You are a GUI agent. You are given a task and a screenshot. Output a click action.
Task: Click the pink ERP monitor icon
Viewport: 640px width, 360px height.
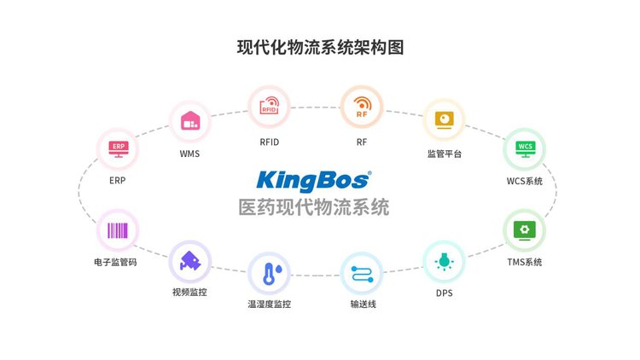[x=119, y=149]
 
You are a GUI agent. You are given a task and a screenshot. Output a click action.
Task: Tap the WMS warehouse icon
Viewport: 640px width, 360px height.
[x=190, y=120]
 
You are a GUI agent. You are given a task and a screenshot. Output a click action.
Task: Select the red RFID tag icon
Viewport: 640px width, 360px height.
[x=270, y=106]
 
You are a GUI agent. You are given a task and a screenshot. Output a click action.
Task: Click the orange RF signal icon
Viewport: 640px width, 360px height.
[x=362, y=107]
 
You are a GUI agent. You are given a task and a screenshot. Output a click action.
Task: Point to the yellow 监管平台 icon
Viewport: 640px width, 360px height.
[x=444, y=120]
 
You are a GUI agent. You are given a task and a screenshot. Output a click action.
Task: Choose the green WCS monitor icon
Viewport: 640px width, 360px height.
[x=525, y=149]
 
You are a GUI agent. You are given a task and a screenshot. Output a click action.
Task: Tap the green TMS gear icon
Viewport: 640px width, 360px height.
[x=525, y=230]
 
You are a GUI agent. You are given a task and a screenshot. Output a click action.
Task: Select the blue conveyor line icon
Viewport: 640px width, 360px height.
[x=362, y=274]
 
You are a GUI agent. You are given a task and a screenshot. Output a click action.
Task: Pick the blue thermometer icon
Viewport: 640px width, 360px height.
[x=272, y=274]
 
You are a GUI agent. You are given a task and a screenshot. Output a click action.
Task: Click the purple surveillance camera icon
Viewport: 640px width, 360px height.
[x=190, y=261]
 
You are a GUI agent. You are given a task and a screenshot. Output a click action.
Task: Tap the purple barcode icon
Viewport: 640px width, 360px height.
[x=118, y=230]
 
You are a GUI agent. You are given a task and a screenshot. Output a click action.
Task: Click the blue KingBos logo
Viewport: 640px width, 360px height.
[x=314, y=181]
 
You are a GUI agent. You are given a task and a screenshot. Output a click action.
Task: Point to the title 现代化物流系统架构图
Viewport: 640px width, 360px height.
[x=320, y=48]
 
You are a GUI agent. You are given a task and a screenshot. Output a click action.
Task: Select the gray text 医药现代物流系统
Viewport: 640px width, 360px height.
[x=314, y=207]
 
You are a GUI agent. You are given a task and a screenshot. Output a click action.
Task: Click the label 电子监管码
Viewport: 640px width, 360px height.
[x=115, y=262]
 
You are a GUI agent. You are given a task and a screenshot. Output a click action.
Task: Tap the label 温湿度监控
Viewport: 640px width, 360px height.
[x=270, y=304]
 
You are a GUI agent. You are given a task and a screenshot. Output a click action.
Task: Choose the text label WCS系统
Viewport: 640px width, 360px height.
[x=525, y=181]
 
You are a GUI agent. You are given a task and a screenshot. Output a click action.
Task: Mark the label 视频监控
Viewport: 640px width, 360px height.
[x=189, y=293]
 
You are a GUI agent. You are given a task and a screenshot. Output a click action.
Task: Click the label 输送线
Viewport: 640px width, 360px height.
[x=363, y=304]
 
